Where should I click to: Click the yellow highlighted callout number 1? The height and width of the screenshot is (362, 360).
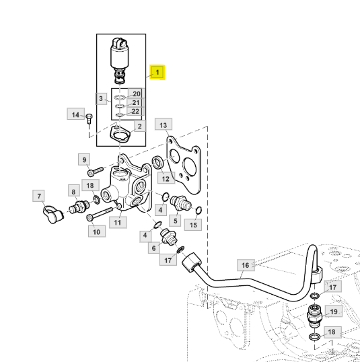[157, 72]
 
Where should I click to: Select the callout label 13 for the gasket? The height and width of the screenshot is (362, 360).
[164, 125]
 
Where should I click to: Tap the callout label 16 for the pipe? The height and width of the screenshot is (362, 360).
[246, 265]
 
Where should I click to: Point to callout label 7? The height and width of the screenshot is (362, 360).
[39, 196]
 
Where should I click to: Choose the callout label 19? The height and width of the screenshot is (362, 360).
[334, 312]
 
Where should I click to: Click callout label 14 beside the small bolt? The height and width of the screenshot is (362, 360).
[76, 114]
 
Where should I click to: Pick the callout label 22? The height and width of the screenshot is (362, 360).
[135, 112]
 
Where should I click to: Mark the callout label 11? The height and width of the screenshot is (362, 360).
[118, 222]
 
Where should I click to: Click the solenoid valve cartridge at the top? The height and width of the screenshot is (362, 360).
[120, 61]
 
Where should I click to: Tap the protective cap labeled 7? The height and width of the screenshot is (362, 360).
[52, 215]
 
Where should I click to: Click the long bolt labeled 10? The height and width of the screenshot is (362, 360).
[100, 213]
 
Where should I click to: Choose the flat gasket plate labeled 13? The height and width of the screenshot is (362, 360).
[184, 164]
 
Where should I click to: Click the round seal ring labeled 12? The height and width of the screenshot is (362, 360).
[157, 163]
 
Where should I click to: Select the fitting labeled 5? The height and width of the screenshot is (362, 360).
[180, 203]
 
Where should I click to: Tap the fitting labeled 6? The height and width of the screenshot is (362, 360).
[169, 237]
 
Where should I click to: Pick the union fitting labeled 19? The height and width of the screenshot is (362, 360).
[314, 316]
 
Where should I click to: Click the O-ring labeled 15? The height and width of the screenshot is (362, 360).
[199, 211]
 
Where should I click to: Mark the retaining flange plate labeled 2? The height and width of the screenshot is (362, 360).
[120, 135]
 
